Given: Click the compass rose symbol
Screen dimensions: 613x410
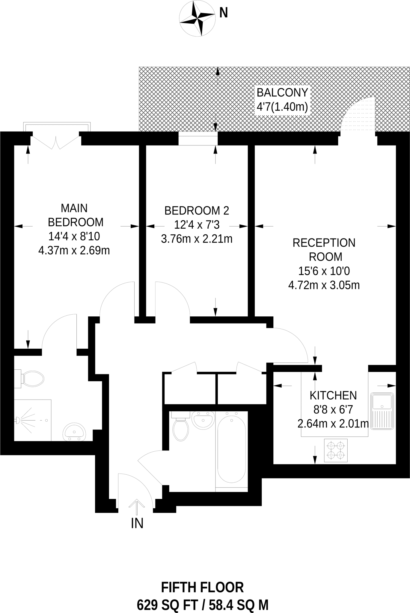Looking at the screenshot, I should click(197, 19).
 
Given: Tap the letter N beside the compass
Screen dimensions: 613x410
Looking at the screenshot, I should click(224, 13).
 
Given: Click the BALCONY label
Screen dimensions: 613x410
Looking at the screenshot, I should click(282, 93).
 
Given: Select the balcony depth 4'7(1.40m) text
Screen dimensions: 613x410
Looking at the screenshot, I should click(282, 107).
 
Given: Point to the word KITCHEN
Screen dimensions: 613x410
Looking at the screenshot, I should click(333, 396).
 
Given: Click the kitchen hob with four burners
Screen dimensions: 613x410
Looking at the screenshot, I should click(336, 450).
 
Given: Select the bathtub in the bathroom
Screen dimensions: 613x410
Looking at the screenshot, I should click(231, 448).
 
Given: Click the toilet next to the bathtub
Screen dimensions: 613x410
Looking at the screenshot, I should click(180, 427).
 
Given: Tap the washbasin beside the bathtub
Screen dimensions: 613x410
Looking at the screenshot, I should click(203, 420).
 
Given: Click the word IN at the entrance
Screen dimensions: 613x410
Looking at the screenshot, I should click(137, 523).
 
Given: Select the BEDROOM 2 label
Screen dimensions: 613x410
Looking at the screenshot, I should click(197, 211).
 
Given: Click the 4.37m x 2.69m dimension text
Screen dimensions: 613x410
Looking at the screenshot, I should click(74, 250).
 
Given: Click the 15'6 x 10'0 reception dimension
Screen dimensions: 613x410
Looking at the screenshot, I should click(324, 271).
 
